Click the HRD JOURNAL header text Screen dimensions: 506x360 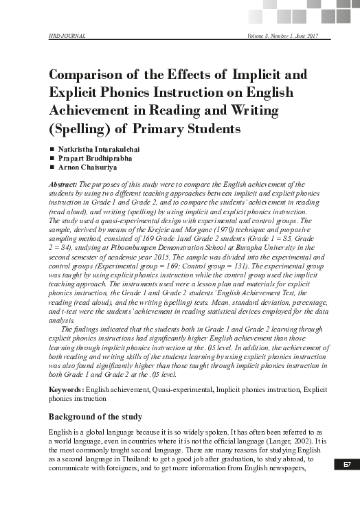[67, 34]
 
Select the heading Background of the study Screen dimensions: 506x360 [95, 417]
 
